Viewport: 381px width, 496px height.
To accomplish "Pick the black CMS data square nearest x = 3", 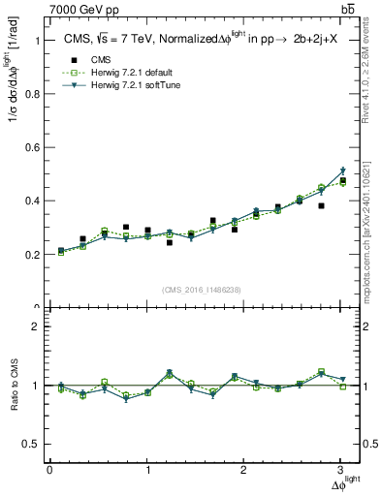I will click(343, 180).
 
